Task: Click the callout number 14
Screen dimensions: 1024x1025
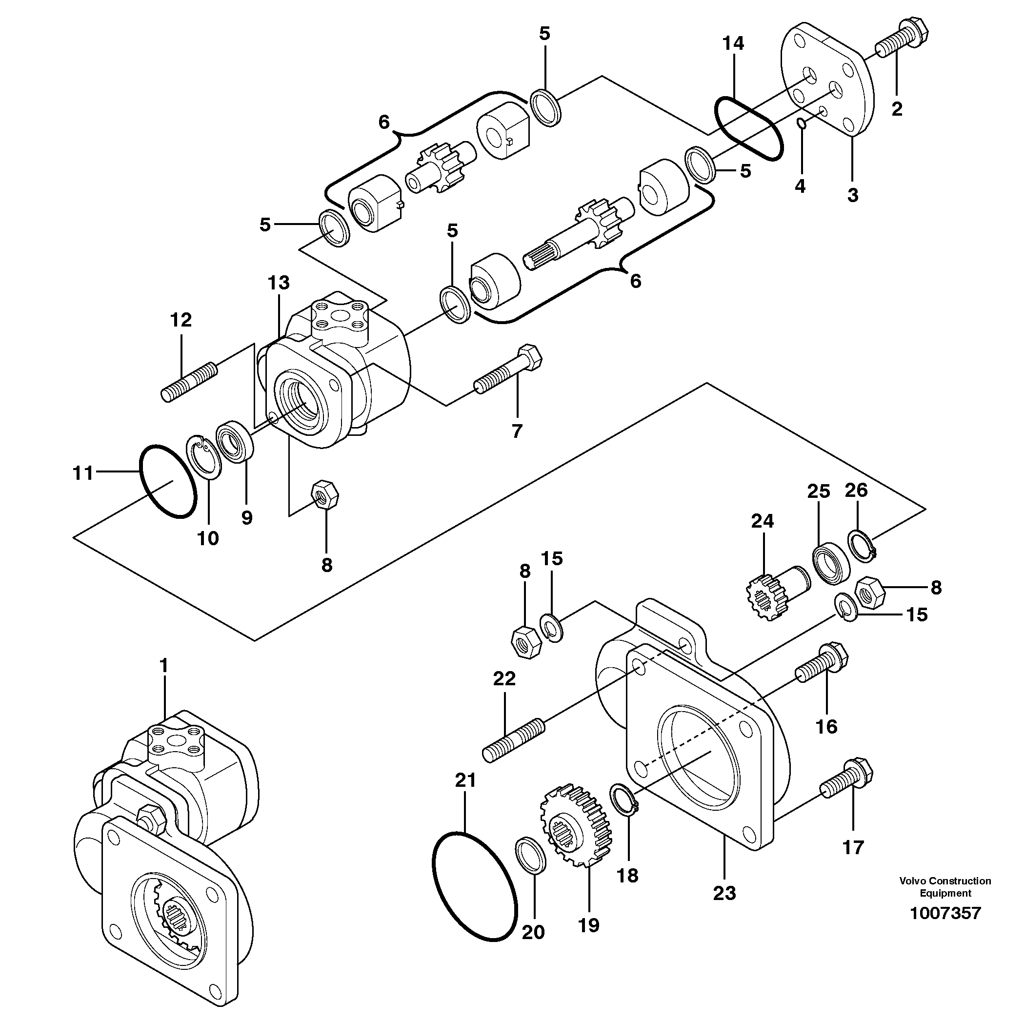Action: click(x=733, y=43)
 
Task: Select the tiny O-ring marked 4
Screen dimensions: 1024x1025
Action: click(x=802, y=123)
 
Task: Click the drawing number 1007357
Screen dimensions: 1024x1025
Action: click(x=945, y=913)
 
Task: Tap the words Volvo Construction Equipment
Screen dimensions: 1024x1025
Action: click(x=945, y=886)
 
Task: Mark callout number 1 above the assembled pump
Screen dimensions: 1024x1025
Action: click(x=163, y=665)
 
